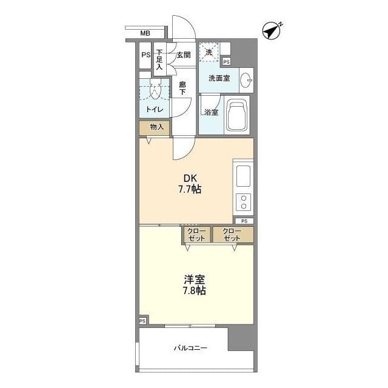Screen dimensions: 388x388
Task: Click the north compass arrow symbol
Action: point(272,31)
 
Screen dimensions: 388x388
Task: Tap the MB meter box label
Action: point(145,33)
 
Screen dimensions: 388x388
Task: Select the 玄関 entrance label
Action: point(184,55)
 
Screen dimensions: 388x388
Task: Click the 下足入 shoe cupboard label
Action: point(159,59)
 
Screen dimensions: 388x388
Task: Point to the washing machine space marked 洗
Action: point(209,52)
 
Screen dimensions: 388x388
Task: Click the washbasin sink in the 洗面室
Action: point(246,80)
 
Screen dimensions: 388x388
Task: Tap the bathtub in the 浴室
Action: point(237,115)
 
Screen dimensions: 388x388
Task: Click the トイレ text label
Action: point(155,109)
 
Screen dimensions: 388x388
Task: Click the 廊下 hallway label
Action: point(182,89)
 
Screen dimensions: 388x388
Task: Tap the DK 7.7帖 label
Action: point(190,184)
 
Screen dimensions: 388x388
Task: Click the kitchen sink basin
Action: point(243,176)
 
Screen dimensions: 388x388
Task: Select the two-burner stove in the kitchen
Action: point(244,202)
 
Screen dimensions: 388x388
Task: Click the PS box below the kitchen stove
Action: point(244,221)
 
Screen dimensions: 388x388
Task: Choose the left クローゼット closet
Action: point(196,235)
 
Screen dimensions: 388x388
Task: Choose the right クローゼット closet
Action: point(233,235)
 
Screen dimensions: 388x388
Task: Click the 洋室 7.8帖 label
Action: point(195,285)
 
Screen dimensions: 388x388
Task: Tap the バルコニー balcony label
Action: point(190,348)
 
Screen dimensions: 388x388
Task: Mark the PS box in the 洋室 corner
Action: point(142,321)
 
